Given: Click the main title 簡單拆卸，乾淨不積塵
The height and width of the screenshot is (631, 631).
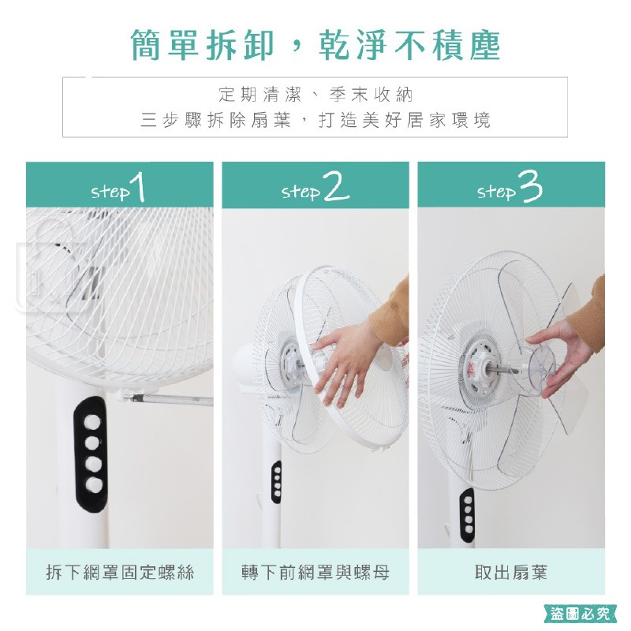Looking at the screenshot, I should point(315,46).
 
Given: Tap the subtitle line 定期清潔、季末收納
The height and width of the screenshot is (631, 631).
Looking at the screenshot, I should point(315,95).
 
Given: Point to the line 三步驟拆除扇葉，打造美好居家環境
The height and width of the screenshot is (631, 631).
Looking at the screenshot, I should point(315,121).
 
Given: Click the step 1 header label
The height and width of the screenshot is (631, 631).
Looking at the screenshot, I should point(119,190).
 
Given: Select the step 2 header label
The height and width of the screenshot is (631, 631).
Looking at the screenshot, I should point(315,190).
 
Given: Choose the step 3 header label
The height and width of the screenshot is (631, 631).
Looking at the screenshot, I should point(510,190).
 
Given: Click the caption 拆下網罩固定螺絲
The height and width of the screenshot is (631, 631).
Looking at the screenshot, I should point(120,572).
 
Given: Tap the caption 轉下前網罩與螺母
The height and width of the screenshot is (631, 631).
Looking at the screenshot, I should point(315,572).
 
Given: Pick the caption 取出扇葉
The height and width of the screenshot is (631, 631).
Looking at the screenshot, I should point(510,572).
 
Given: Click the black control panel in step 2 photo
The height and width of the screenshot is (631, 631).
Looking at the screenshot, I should point(276,481).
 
